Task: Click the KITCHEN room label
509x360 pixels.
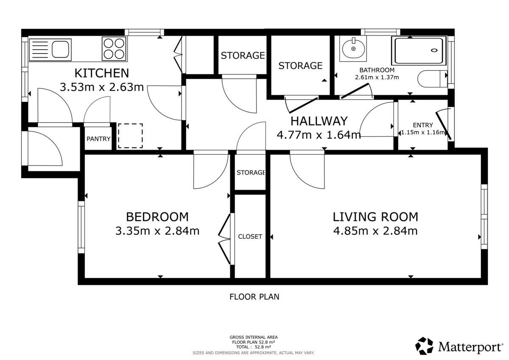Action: point(101,73)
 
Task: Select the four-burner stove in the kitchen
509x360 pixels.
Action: point(114,49)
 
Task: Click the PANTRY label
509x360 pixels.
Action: point(98,139)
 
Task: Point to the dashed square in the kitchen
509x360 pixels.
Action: point(130,136)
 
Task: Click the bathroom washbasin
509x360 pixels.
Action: point(353,48)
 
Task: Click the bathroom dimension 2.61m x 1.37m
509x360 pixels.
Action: point(377,78)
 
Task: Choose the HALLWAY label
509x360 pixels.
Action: point(319,121)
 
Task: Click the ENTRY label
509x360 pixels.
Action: point(423,125)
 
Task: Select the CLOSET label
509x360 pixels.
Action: point(250,237)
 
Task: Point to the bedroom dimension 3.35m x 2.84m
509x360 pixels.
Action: point(157,231)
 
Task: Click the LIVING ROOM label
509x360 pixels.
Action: point(375,217)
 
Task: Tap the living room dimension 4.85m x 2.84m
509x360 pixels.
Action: point(375,231)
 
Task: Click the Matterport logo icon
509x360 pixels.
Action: point(424,346)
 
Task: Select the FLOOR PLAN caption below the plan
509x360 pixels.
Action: point(255,297)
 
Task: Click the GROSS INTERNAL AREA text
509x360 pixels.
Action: point(254,338)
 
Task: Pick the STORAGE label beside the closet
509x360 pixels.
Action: point(250,173)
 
